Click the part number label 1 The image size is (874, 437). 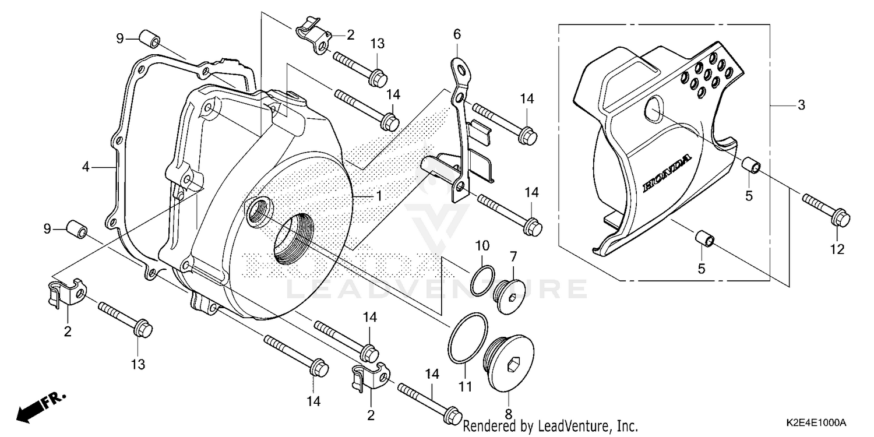click(x=379, y=196)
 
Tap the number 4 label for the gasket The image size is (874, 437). click(x=86, y=167)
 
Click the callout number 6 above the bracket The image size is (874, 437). click(x=457, y=35)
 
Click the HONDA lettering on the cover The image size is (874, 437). click(x=667, y=174)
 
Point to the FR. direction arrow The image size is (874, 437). click(x=41, y=406)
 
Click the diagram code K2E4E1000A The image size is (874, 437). click(x=814, y=423)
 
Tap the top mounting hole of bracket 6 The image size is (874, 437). click(x=464, y=72)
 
